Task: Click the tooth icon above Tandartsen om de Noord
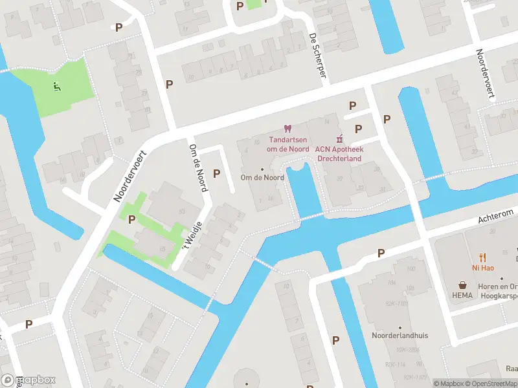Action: pos(288,129)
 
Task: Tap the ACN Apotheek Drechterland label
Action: pos(338,153)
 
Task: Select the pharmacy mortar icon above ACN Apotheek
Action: pos(338,138)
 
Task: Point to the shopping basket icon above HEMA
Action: pos(463,284)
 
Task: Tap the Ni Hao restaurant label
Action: pos(482,267)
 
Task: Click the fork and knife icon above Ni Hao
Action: pos(482,257)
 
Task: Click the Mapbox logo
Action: pos(28,380)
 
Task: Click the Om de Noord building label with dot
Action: pos(262,177)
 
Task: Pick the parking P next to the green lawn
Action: pos(132,219)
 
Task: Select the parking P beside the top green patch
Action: pos(240,6)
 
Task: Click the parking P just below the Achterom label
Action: pos(381,253)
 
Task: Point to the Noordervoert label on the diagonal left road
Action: pos(131,177)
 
